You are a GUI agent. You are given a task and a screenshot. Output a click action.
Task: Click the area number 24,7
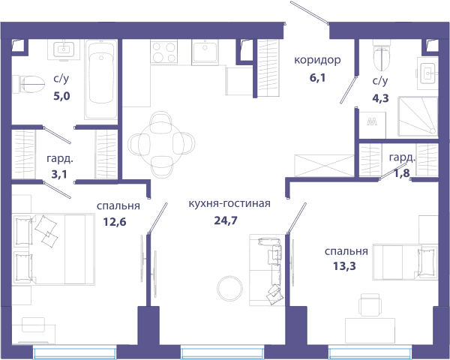226,220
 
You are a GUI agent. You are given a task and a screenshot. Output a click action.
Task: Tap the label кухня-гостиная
229,203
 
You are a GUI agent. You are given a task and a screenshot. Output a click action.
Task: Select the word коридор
317,60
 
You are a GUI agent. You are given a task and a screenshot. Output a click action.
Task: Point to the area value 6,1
317,77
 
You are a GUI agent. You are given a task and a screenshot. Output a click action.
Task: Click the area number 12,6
115,222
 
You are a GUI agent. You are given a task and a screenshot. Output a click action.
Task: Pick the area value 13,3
344,266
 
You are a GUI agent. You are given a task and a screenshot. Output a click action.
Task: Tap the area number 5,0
61,96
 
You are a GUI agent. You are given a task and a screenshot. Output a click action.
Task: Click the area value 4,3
380,98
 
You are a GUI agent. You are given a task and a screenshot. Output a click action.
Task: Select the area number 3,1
59,174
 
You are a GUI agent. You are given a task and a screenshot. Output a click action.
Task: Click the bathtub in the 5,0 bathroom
101,79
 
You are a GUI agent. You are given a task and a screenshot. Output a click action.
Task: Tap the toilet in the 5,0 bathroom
29,84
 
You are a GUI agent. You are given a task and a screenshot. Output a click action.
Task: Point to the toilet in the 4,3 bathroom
382,55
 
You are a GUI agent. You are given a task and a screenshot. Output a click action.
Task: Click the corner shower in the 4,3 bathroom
418,116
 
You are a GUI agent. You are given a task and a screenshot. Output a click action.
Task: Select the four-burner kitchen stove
163,52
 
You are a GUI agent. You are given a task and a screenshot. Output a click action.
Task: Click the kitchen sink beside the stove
205,52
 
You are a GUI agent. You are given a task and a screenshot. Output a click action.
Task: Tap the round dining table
161,143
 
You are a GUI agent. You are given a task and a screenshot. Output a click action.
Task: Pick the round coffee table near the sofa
230,289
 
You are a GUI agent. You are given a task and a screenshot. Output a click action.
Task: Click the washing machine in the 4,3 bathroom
372,125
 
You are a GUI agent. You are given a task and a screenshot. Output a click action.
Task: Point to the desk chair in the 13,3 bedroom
370,305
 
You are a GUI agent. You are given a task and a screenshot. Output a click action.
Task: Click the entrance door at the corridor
309,13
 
